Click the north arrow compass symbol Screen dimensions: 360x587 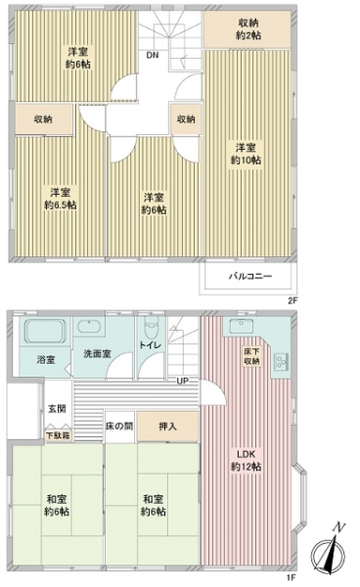[329, 550]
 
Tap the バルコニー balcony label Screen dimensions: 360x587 [250, 277]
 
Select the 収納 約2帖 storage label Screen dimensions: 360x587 [248, 29]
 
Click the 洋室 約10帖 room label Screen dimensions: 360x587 [246, 154]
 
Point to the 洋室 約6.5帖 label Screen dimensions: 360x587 [61, 199]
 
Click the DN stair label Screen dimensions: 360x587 [153, 56]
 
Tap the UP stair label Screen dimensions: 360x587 [183, 382]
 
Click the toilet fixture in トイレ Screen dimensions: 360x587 [152, 327]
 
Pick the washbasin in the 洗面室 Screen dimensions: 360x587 [89, 326]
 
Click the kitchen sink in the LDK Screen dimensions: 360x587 [241, 326]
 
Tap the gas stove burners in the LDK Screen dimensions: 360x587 [281, 361]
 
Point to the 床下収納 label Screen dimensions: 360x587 [251, 356]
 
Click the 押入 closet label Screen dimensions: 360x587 [167, 427]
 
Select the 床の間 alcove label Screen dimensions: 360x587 [119, 427]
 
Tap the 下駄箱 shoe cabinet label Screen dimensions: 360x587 [58, 435]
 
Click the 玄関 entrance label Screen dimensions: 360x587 [57, 408]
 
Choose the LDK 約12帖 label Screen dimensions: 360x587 [246, 461]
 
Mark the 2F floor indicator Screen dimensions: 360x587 [292, 300]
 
